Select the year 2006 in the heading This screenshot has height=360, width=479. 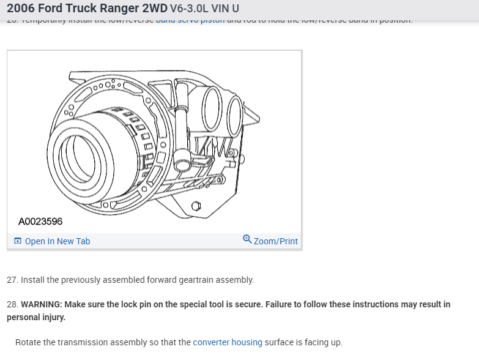coord(22,9)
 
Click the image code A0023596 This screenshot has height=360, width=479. coord(40,221)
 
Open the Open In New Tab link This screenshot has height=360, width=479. coord(57,241)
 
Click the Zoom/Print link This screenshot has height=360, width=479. coord(275,241)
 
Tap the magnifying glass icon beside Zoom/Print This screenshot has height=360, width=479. coord(247,239)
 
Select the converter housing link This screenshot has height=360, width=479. coord(227,342)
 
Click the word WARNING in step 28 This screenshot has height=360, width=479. coord(43,304)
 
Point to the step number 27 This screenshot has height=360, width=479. coord(12,280)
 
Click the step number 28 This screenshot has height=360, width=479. coord(12,304)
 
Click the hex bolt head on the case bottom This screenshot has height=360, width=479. coord(196,207)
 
